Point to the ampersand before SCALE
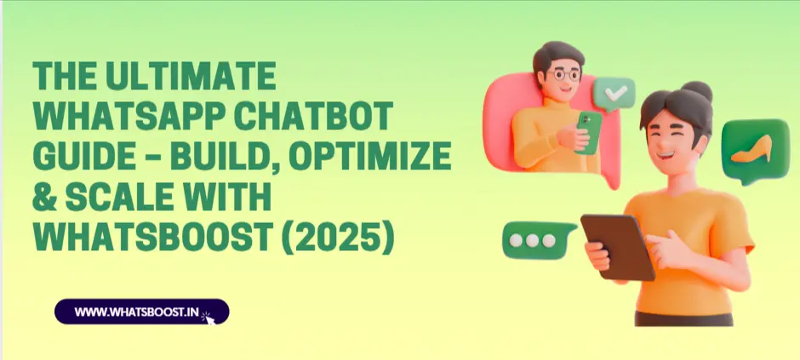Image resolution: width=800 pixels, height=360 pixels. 44,197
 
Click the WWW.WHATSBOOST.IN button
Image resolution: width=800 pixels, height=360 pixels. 142,311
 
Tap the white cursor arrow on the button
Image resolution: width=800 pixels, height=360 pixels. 210,319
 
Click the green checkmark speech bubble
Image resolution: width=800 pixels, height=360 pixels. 614,94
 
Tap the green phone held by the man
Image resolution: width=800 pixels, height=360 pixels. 589,132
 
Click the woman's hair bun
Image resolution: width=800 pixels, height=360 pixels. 696,91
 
